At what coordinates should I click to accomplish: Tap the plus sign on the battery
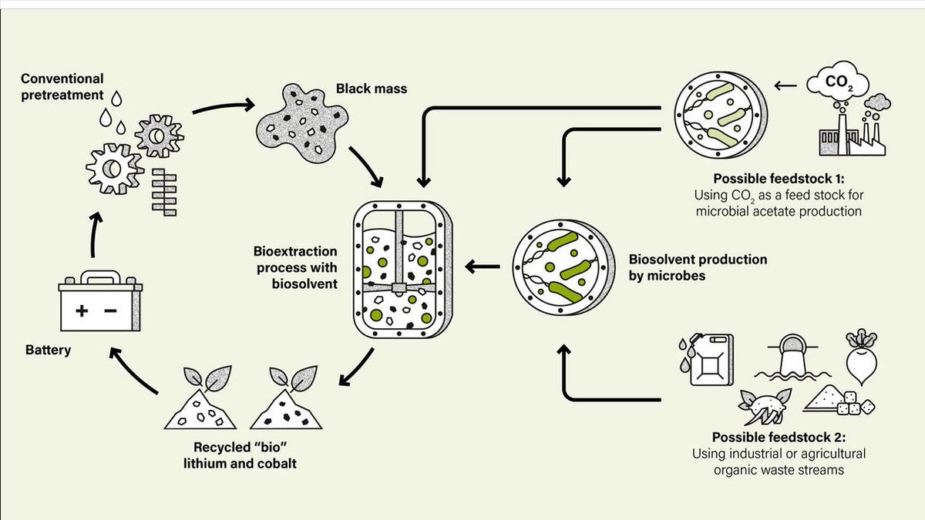click(82, 310)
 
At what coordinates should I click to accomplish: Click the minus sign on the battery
click(110, 310)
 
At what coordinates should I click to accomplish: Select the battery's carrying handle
click(101, 277)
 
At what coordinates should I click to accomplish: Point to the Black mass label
click(372, 89)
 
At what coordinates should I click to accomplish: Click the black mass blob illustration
click(302, 122)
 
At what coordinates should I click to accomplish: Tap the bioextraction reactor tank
click(402, 270)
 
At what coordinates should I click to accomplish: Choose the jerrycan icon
click(707, 359)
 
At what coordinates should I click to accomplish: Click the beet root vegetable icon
click(862, 356)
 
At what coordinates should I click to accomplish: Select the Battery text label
click(49, 350)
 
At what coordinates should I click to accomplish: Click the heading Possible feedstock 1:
click(779, 179)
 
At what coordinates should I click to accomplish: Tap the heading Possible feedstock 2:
click(779, 437)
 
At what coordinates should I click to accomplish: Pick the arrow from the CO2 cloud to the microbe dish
click(785, 86)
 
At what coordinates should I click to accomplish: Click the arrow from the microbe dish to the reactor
click(483, 267)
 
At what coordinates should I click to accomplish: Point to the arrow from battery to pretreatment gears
click(95, 235)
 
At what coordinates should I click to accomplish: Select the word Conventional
click(62, 79)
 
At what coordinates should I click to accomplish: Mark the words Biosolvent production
click(698, 259)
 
